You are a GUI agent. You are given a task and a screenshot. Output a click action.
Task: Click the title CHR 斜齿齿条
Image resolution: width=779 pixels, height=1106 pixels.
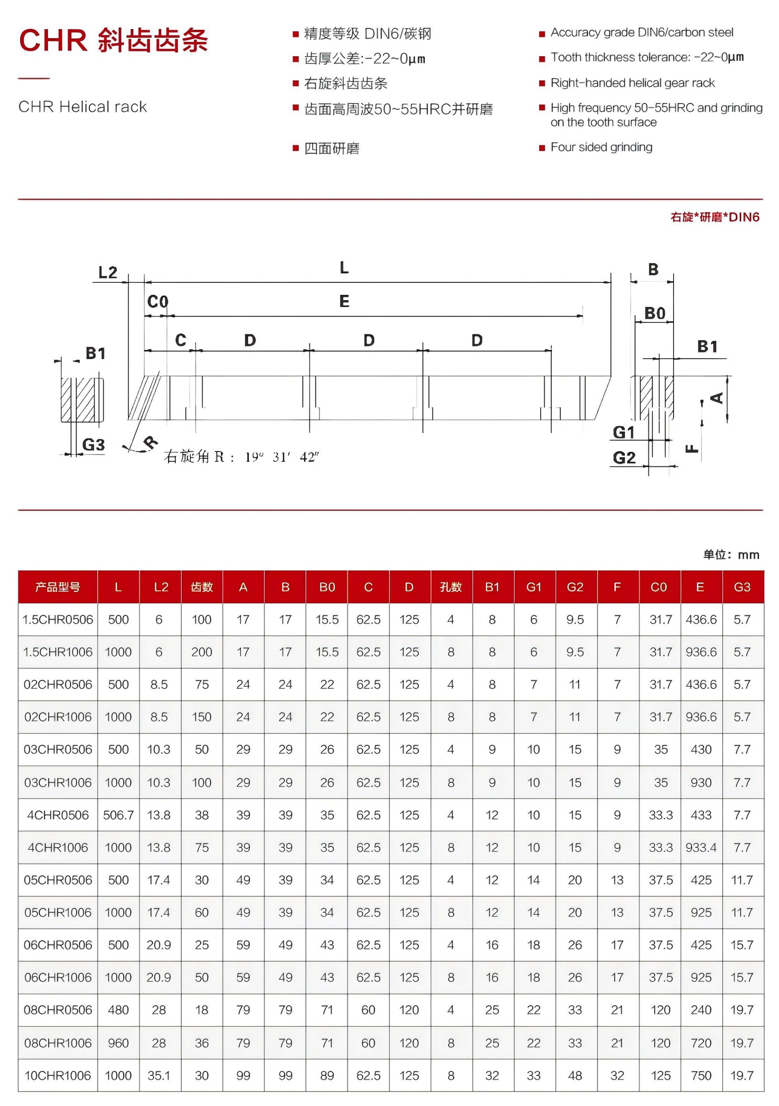pos(113,40)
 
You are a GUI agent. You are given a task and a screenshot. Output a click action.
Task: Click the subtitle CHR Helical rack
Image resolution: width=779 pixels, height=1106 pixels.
pos(82,107)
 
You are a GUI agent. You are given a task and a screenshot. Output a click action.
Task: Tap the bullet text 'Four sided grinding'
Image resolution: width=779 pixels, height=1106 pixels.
pos(601,147)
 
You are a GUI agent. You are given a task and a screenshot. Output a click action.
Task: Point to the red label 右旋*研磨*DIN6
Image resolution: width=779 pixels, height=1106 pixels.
pos(715,217)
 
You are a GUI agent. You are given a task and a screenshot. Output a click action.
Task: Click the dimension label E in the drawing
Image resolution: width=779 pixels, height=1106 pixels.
pos(344,302)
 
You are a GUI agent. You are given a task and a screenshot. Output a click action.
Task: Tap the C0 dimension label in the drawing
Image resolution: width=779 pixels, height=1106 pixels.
pos(158,302)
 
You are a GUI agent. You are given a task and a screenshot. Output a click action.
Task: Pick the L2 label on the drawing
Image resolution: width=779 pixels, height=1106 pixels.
pos(107,273)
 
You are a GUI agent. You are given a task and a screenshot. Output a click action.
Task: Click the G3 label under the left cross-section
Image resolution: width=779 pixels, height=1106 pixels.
pos(94,444)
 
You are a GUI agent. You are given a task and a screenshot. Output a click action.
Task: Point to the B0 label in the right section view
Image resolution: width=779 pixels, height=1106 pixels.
pos(655,313)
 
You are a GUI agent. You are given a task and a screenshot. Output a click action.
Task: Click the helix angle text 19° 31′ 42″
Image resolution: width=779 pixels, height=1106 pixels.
pos(282,457)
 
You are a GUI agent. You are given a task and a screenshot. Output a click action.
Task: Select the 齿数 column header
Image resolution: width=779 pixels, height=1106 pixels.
pos(201,587)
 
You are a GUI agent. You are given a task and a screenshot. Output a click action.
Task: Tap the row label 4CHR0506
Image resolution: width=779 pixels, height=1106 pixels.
pos(58,815)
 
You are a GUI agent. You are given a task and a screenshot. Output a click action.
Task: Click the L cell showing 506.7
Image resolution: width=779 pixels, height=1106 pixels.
pos(118,815)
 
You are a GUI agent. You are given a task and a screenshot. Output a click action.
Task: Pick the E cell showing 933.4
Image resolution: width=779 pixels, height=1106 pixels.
pos(701,847)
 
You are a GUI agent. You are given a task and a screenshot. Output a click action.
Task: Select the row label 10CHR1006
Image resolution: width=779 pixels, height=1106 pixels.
pos(58,1076)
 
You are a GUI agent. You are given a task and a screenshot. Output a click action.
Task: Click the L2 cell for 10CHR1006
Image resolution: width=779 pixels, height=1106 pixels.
pos(158,1076)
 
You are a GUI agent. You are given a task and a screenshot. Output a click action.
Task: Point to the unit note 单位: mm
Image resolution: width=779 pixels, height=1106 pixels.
pos(731,555)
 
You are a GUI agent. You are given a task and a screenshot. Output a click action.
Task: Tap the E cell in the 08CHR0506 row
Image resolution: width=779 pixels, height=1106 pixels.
pos(701,1010)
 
